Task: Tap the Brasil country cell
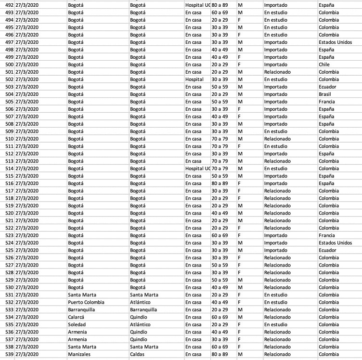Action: pyautogui.click(x=325, y=94)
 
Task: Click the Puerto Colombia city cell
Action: pyautogui.click(x=86, y=302)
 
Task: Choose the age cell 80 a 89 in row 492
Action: pyautogui.click(x=220, y=5)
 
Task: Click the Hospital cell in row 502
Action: pyautogui.click(x=194, y=79)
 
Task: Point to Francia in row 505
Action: pyautogui.click(x=327, y=102)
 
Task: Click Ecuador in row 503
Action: pyautogui.click(x=327, y=87)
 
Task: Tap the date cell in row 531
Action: pyautogui.click(x=28, y=295)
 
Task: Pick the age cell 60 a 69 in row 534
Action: pyautogui.click(x=220, y=317)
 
